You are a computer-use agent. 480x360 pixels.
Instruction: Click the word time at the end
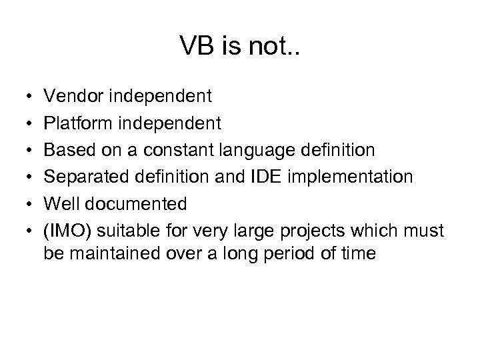point(359,254)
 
